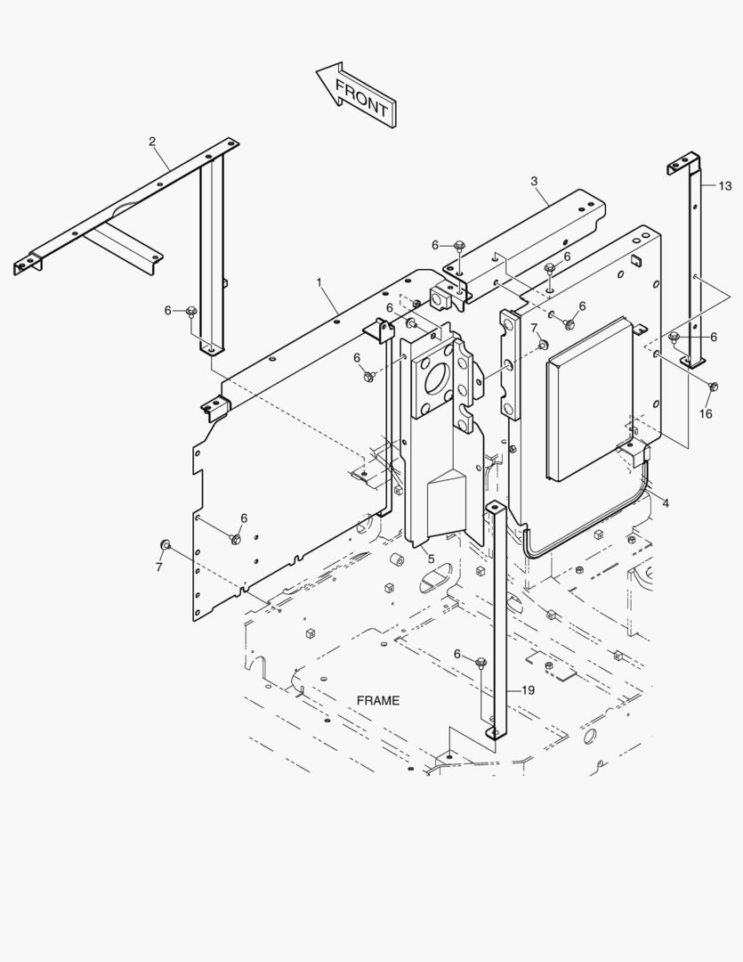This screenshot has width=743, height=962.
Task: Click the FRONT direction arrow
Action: click(357, 94)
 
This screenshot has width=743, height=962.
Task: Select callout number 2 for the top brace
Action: click(152, 142)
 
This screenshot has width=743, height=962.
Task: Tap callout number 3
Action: click(534, 182)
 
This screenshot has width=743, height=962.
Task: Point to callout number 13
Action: click(725, 186)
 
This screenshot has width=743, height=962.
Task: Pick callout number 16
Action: click(706, 413)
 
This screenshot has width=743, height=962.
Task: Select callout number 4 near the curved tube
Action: click(666, 503)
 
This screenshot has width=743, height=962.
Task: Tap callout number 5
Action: click(431, 558)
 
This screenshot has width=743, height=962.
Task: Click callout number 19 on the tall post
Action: click(528, 690)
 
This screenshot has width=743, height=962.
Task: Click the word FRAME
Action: click(378, 700)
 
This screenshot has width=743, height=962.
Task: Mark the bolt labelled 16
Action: click(713, 387)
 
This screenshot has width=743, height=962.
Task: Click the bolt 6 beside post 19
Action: click(481, 662)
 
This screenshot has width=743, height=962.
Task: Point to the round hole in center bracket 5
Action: click(438, 379)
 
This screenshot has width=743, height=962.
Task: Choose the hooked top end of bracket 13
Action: click(682, 163)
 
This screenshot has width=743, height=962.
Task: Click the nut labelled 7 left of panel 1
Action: click(165, 544)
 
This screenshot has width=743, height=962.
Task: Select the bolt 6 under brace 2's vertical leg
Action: click(191, 311)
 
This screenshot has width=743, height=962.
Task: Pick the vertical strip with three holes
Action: click(511, 365)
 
